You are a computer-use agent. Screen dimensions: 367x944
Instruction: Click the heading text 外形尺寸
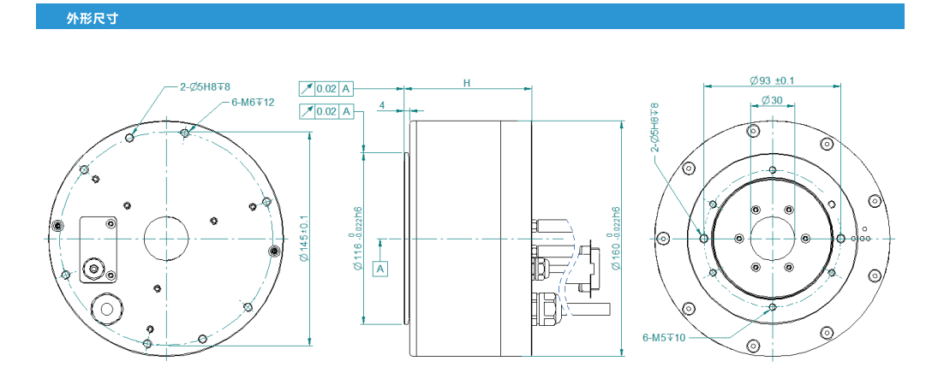(x=92, y=18)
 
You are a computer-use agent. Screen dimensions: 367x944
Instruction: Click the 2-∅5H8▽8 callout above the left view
(x=206, y=86)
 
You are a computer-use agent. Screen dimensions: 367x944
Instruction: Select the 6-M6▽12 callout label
(x=253, y=102)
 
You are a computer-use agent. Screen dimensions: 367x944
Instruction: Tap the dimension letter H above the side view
(x=467, y=83)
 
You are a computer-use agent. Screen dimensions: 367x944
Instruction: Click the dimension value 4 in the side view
(x=380, y=105)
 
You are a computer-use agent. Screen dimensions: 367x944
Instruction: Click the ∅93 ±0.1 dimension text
(x=771, y=80)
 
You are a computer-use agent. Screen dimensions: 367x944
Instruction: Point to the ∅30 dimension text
(x=771, y=101)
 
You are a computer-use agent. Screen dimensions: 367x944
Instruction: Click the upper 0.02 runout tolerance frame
(x=326, y=88)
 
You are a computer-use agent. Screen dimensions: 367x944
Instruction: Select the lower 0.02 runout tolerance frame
(x=326, y=111)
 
